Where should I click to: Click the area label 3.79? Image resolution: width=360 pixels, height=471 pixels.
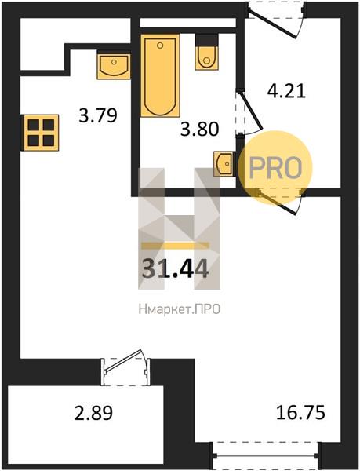click(x=97, y=115)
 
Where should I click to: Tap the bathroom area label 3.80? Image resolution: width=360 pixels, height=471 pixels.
click(x=199, y=130)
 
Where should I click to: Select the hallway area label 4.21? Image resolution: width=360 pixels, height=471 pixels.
click(x=286, y=91)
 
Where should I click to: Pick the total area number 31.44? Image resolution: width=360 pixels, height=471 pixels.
click(x=175, y=268)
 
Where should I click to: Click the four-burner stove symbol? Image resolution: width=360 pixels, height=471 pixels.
click(x=40, y=133)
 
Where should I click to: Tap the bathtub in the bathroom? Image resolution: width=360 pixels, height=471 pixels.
click(x=160, y=75)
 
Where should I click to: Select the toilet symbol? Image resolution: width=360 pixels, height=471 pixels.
click(x=206, y=53)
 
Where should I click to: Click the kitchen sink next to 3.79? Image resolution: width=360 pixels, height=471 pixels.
click(x=114, y=67)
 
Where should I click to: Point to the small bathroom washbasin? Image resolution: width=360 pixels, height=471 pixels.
click(x=224, y=164)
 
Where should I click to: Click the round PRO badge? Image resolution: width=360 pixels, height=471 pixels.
click(x=275, y=168)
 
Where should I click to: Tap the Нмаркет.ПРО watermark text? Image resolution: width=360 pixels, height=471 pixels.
click(x=180, y=309)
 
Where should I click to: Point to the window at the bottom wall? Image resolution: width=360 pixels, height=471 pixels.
click(x=265, y=455)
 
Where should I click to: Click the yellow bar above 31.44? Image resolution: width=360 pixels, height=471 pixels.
click(x=175, y=246)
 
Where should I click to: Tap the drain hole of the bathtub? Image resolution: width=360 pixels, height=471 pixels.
click(x=160, y=46)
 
